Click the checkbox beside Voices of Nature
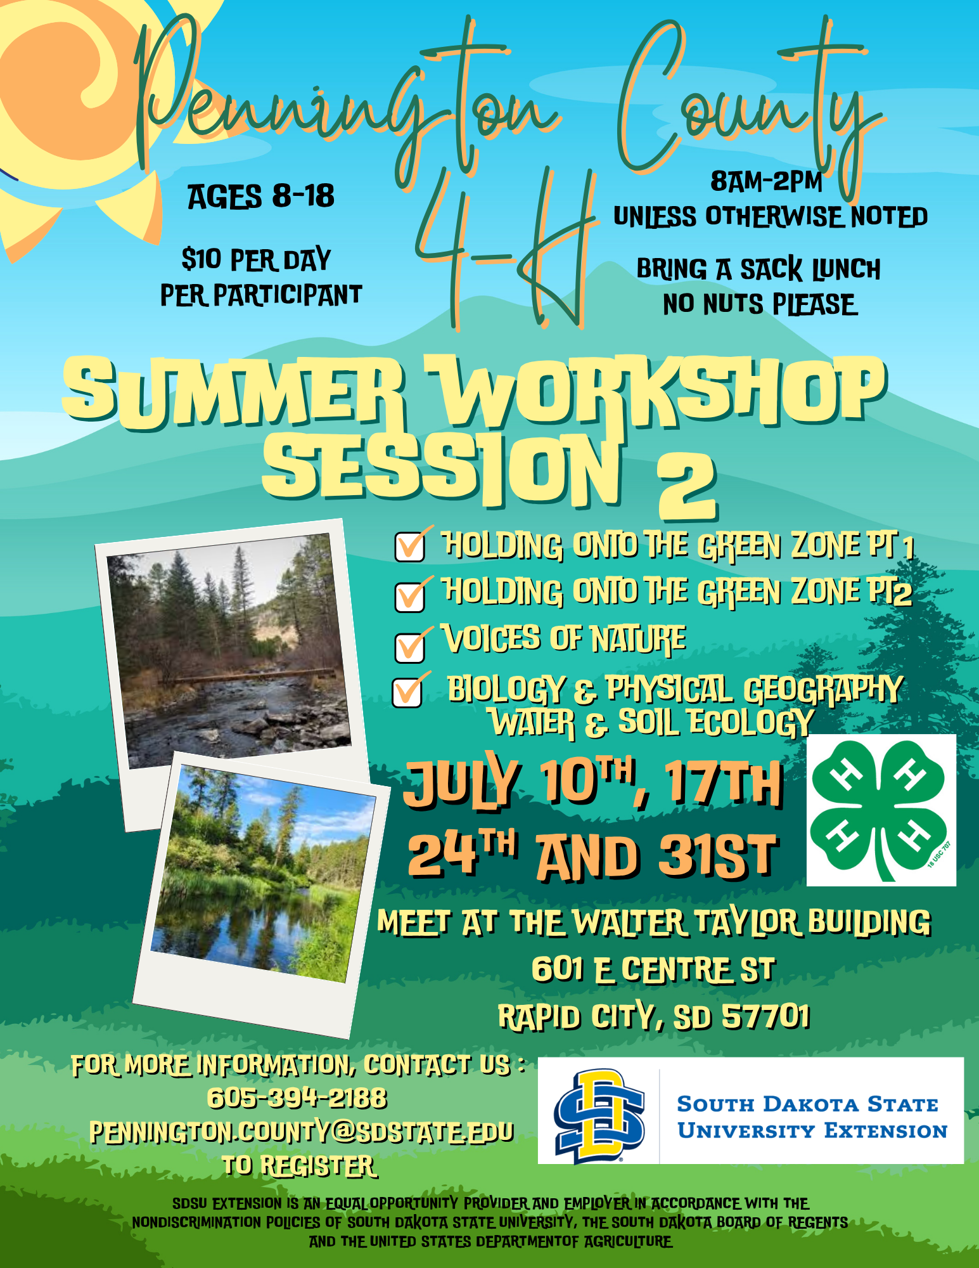(x=410, y=647)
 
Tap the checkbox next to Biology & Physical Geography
(x=408, y=692)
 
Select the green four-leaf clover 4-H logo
(x=881, y=810)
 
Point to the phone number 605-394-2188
(x=297, y=1098)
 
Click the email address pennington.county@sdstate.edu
(x=302, y=1132)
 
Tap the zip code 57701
(x=766, y=1016)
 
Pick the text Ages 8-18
(x=260, y=197)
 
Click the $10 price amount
(x=201, y=259)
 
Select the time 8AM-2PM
(x=766, y=182)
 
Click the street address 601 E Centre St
(x=653, y=969)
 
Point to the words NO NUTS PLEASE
(x=760, y=304)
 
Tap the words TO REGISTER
(x=299, y=1166)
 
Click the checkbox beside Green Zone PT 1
(x=410, y=547)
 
